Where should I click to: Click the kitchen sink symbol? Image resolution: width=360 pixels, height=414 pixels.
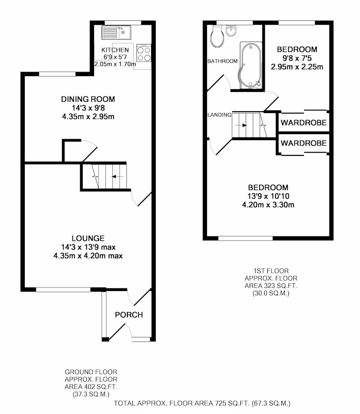[116, 32]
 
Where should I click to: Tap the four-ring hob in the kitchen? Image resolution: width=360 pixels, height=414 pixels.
[144, 54]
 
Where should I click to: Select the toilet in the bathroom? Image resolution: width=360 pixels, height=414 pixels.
[217, 36]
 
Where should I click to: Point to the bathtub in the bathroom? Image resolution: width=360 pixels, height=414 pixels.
[251, 65]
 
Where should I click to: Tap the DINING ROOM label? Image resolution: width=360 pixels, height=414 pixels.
[88, 99]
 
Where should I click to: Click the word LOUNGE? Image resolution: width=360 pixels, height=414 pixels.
[88, 238]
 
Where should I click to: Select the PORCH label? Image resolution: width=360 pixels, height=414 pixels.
[129, 315]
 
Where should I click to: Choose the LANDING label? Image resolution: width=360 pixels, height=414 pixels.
[220, 115]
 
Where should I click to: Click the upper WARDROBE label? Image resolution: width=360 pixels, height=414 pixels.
[304, 123]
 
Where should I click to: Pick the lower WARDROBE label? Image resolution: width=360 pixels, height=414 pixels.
[304, 143]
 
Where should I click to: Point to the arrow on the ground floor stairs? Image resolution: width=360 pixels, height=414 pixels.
[117, 177]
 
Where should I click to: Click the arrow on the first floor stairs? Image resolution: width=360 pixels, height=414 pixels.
[241, 125]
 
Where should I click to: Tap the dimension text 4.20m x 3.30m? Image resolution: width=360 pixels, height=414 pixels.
[268, 205]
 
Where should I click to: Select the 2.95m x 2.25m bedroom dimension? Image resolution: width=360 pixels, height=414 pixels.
[297, 67]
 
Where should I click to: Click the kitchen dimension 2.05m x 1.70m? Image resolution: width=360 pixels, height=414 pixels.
[115, 64]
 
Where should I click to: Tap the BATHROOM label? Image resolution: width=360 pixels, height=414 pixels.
[223, 61]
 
